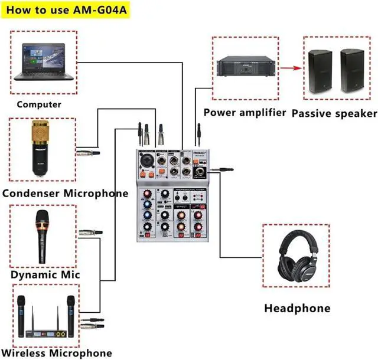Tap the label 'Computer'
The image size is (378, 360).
click(39, 104)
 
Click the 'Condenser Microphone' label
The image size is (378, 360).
click(65, 193)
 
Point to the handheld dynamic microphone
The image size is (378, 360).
click(42, 235)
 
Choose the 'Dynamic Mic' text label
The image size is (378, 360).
click(45, 274)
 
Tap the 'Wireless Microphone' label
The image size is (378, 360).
click(57, 353)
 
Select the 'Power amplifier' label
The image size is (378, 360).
click(245, 112)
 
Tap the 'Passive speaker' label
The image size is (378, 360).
click(334, 113)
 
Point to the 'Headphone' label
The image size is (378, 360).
click(297, 308)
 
